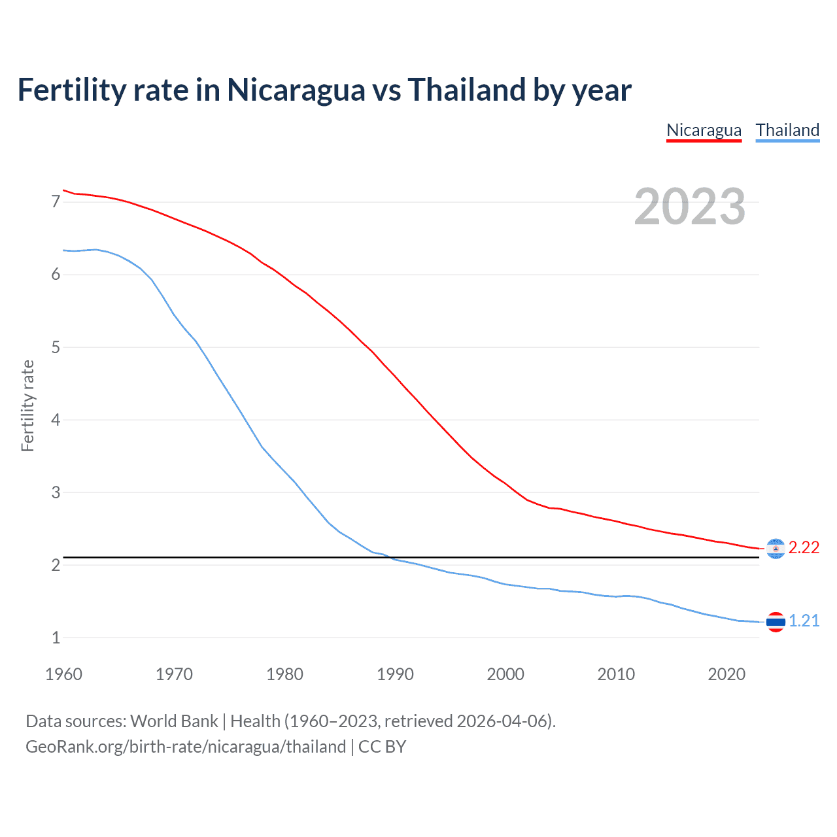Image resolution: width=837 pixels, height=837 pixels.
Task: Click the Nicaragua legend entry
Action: point(704,130)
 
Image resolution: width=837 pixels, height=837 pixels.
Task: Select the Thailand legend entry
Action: point(787,130)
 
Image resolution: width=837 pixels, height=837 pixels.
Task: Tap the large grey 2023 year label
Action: point(689,207)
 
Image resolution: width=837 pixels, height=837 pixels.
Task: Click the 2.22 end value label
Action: point(804,548)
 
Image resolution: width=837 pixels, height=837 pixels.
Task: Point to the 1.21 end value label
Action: point(804,621)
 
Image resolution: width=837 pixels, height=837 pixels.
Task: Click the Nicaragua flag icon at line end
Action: point(776,549)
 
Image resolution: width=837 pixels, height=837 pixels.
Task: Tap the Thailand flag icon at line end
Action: point(776,622)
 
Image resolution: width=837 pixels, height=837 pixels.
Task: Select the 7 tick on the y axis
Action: point(56,202)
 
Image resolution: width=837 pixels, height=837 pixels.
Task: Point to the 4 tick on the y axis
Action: point(56,420)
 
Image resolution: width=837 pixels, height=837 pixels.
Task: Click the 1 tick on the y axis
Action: point(56,638)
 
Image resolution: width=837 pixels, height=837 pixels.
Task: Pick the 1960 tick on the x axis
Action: point(63,674)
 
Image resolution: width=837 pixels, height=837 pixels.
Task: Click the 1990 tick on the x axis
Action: point(395,674)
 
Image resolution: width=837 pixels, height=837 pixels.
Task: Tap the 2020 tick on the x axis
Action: point(726,674)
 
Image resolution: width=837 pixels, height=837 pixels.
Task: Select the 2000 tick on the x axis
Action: point(505,674)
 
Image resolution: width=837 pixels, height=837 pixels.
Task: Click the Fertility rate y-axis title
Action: point(27,405)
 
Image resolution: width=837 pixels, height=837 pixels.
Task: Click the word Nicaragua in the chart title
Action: point(296,90)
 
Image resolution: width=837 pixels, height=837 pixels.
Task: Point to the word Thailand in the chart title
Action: point(466,90)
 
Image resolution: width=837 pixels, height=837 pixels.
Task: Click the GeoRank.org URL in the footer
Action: point(185,747)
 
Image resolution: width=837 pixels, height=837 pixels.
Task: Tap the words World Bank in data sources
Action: point(174,721)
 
